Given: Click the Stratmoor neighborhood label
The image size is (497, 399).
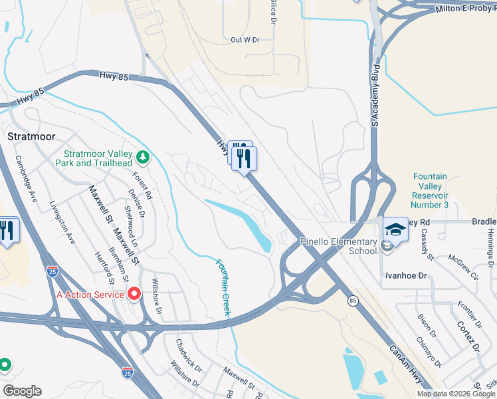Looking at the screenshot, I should click(29, 135).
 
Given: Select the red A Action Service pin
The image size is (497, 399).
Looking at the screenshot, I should click(134, 293).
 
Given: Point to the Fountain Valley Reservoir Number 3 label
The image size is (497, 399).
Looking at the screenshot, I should click(430, 191).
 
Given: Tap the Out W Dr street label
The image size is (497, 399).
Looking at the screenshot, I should click(244, 40).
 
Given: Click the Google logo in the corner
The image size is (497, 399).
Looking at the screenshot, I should click(21, 391).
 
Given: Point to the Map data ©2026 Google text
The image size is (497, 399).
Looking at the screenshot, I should click(455, 394).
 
